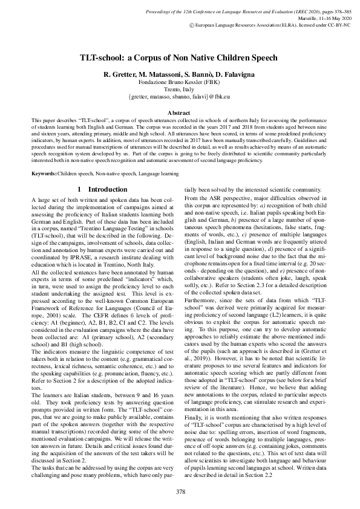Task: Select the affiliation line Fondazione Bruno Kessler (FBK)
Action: (180, 81)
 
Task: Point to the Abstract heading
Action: (180, 113)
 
